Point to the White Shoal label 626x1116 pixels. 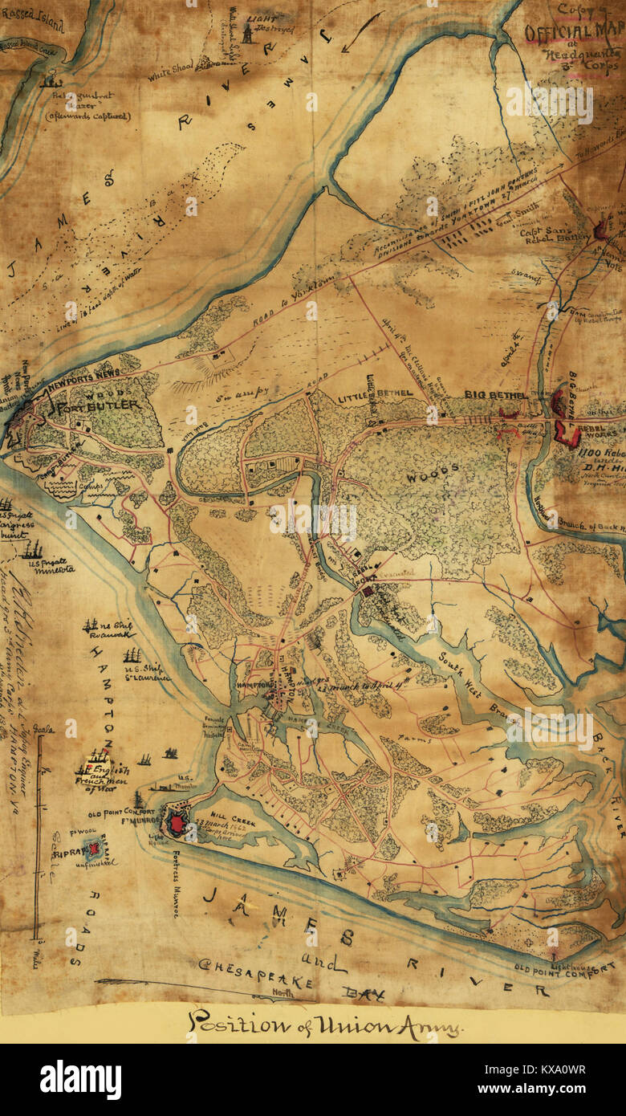170,76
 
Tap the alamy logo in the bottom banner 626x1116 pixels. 80,1079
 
